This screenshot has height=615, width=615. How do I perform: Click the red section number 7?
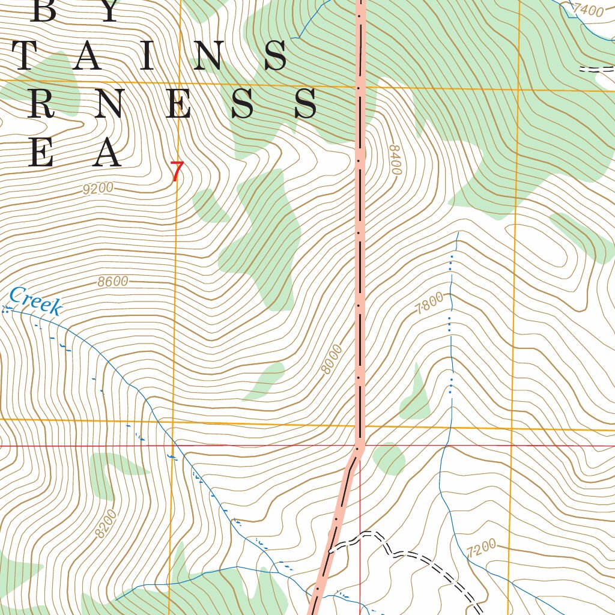click(176, 172)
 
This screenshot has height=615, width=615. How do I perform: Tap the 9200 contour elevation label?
click(98, 189)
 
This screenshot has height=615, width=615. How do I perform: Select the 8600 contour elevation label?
click(113, 282)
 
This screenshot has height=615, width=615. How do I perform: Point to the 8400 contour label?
click(395, 160)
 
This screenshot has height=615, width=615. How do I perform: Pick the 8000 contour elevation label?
click(331, 359)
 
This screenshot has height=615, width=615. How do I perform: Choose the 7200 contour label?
click(481, 548)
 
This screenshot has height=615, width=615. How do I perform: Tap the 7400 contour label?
click(587, 10)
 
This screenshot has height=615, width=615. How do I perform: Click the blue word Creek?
click(36, 301)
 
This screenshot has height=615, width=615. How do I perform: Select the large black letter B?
click(44, 11)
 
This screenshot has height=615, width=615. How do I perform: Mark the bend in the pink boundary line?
click(359, 449)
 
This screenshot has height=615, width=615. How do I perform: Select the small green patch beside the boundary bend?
click(389, 458)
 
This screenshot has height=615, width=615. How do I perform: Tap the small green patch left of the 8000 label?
click(264, 382)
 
